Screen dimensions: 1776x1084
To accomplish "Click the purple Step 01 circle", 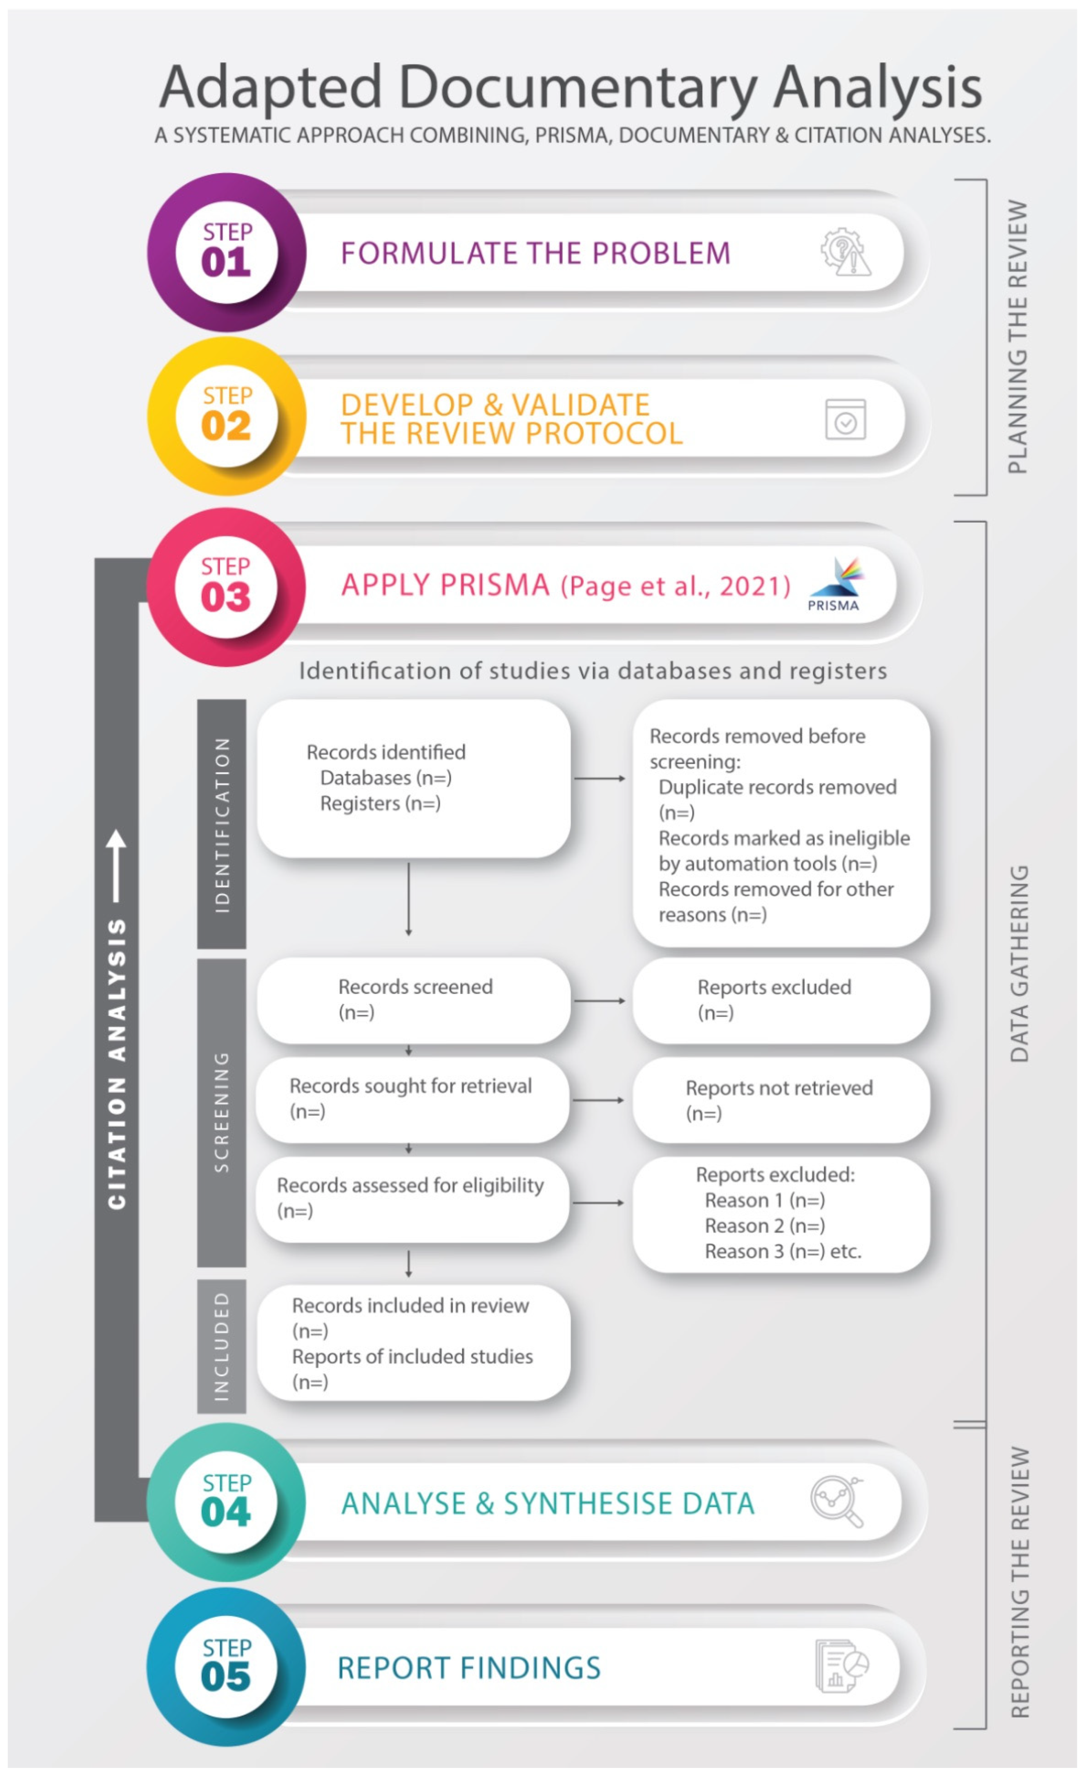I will tap(226, 252).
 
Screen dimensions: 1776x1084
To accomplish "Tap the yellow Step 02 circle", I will tap(226, 416).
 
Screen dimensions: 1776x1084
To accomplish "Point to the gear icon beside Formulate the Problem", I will tap(845, 252).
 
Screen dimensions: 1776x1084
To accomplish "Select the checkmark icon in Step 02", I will tap(845, 419).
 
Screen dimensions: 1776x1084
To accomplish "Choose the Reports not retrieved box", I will tap(781, 1100).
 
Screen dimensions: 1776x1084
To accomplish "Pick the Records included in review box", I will tap(413, 1343).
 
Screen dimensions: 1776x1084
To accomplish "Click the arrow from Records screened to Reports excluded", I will tap(599, 1000).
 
